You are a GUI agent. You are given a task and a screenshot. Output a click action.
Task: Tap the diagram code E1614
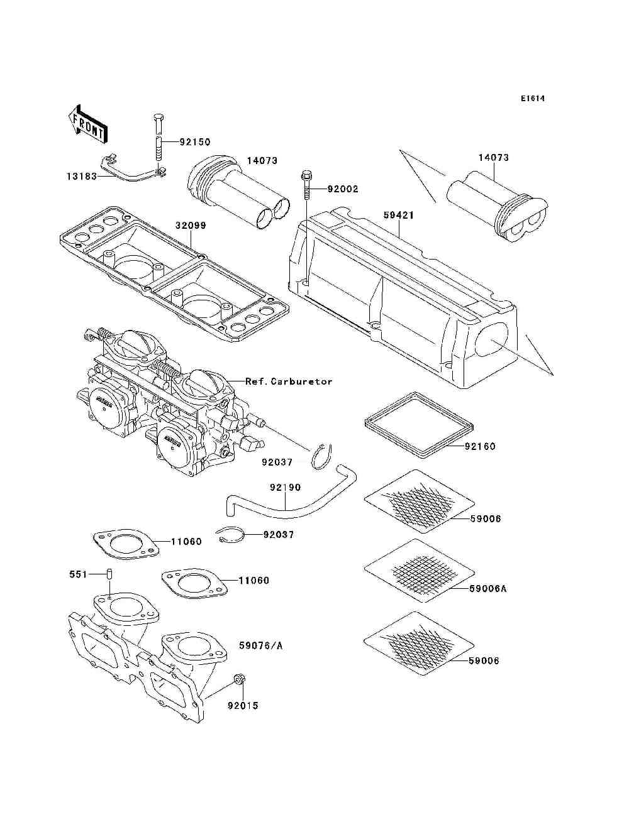click(532, 99)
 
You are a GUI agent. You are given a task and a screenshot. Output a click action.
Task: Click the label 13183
click(82, 177)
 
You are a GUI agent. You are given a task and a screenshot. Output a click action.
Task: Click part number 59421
click(399, 216)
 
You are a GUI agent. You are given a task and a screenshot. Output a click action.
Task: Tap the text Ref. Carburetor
click(289, 381)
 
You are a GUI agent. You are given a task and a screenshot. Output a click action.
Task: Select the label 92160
click(480, 446)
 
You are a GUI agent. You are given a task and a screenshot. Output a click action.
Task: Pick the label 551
click(77, 574)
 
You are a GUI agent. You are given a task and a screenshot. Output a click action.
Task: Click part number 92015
click(243, 705)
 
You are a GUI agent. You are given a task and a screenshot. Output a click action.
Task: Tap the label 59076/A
click(260, 645)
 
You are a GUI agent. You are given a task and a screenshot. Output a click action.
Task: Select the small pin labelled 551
click(109, 574)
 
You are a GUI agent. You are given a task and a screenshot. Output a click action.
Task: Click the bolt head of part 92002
click(306, 156)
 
